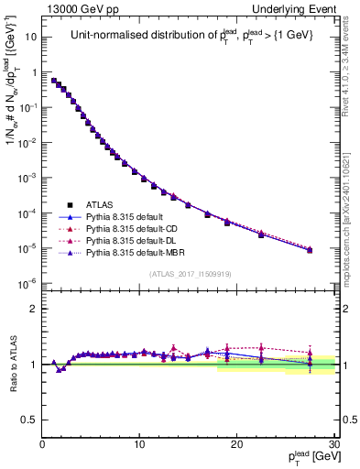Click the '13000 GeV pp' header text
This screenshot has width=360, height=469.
click(x=81, y=9)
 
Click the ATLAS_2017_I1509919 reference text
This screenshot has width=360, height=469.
click(x=189, y=274)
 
